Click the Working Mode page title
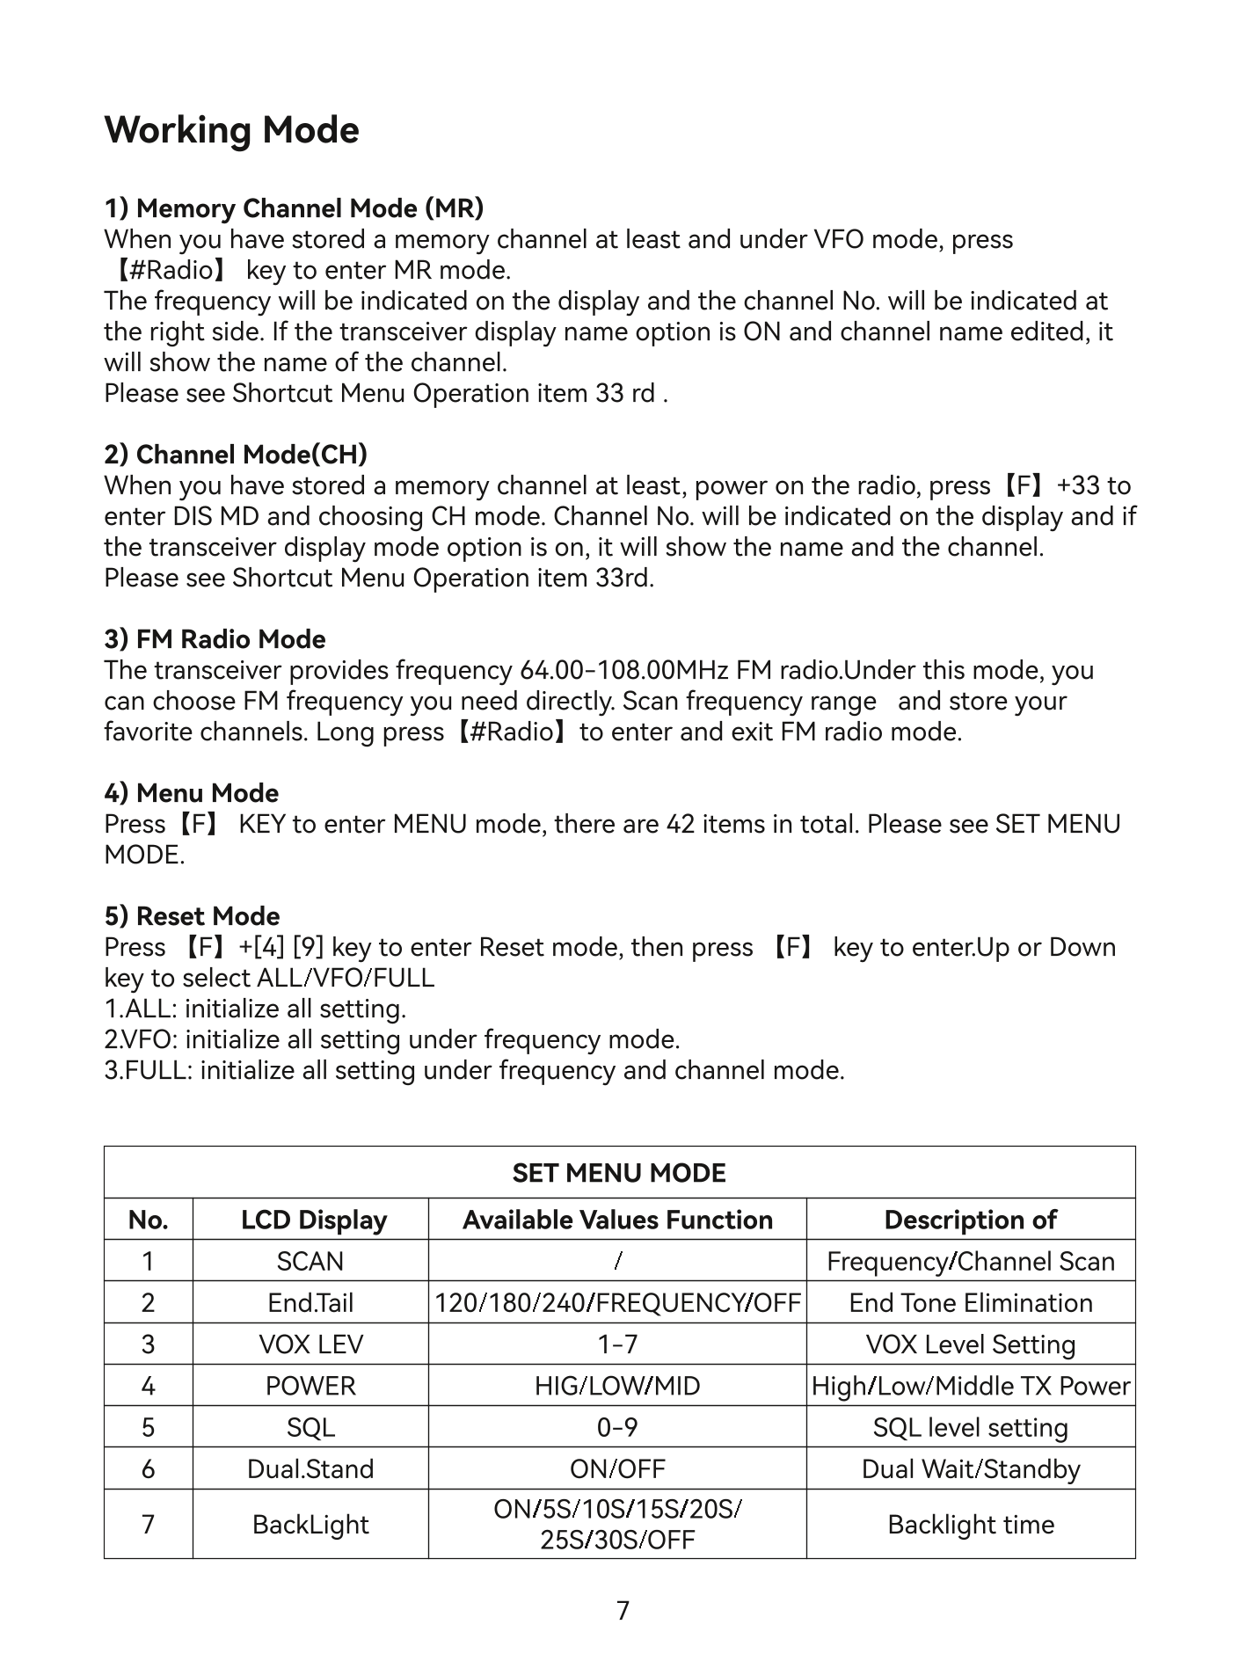click(231, 130)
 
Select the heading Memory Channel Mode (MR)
click(294, 208)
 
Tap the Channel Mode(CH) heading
click(236, 455)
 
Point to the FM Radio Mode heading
click(215, 639)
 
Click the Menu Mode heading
click(191, 793)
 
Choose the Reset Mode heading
click(192, 916)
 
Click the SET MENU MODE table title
click(619, 1173)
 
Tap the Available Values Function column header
click(617, 1220)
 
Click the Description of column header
click(970, 1220)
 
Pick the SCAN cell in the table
click(310, 1261)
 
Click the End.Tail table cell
click(310, 1302)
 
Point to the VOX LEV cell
click(310, 1344)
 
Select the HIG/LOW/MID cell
click(617, 1386)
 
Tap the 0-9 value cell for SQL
click(617, 1427)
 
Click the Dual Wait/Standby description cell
click(970, 1468)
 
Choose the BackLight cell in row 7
click(310, 1524)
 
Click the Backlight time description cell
click(970, 1524)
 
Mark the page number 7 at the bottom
click(623, 1611)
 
